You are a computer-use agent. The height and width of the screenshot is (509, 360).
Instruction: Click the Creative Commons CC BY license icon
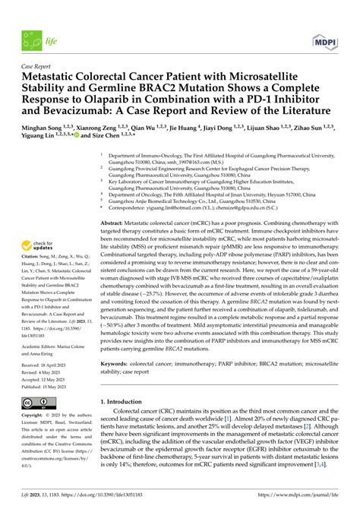pos(35,403)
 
